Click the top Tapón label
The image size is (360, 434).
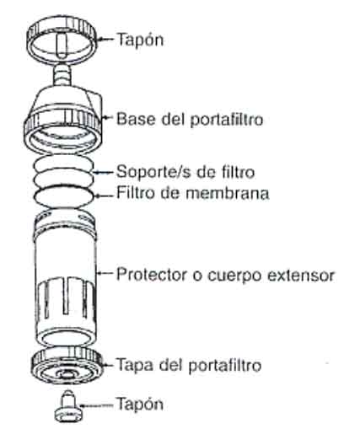tap(141, 40)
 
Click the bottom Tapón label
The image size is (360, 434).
tap(140, 405)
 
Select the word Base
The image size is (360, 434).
tap(137, 119)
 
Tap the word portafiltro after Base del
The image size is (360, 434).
tap(227, 120)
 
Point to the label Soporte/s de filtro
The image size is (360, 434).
tap(185, 172)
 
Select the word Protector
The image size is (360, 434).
tap(152, 274)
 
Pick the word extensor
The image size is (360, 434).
tap(300, 275)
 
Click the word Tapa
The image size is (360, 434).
tap(135, 366)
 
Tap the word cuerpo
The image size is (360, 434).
tap(235, 276)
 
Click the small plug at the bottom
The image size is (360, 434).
tap(68, 406)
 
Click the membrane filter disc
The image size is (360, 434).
tap(63, 196)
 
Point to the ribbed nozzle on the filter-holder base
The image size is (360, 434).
tap(62, 75)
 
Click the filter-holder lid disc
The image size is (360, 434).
tap(67, 366)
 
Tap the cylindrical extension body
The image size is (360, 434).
tap(65, 278)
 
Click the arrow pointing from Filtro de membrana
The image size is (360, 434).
tap(104, 196)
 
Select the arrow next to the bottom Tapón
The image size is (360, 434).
tap(96, 405)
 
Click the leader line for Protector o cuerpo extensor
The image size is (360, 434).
tap(105, 273)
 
